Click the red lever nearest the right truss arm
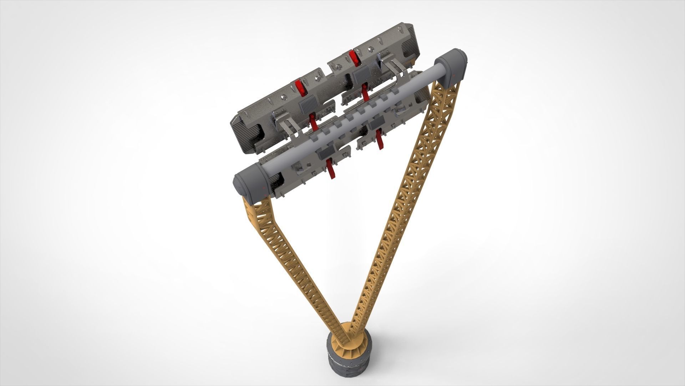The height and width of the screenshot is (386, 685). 380,139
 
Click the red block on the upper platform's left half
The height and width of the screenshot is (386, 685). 300,88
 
